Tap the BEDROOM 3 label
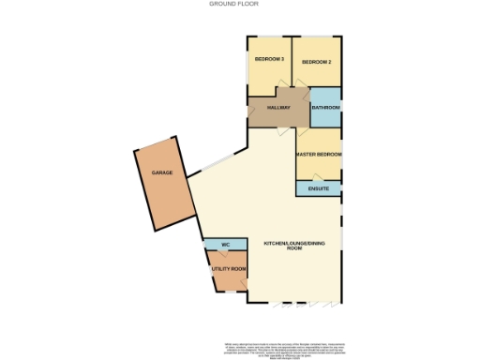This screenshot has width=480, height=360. tap(269, 60)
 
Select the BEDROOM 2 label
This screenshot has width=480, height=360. tap(315, 62)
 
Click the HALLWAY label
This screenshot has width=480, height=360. tap(278, 108)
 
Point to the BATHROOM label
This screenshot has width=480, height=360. tap(325, 108)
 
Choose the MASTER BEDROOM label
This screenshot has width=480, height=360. tap(318, 153)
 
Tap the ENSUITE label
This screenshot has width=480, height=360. tap(319, 188)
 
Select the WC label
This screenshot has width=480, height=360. tap(225, 245)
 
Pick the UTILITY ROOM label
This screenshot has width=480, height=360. tap(228, 269)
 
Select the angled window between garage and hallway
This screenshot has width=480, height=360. tap(217, 162)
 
